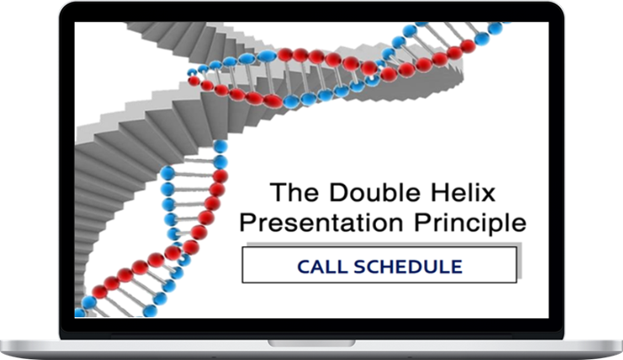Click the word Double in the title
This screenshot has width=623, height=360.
[375, 193]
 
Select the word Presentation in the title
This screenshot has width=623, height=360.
[322, 223]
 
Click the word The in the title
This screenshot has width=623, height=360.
[294, 193]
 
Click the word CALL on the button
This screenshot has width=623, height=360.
[323, 267]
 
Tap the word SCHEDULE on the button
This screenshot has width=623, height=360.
[408, 267]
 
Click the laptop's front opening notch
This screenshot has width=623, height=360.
[311, 343]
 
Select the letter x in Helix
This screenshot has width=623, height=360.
[487, 195]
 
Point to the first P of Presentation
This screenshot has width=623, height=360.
[248, 223]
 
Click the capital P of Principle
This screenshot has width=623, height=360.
[423, 223]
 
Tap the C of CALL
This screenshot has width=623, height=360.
[304, 267]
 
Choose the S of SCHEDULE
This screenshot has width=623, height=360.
[360, 267]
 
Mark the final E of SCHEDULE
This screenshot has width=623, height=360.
[457, 267]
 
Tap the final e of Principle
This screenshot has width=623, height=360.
[519, 225]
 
